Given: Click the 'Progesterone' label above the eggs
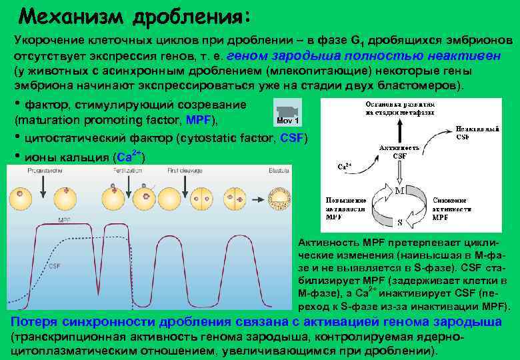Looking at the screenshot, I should click(44, 171).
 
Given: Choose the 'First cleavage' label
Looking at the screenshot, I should click(184, 171).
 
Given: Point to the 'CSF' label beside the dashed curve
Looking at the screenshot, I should click(55, 266).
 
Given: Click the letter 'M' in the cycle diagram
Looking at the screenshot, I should click(401, 190).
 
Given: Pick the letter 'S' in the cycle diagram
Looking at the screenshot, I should click(399, 222).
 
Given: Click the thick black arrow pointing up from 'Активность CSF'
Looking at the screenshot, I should click(399, 129).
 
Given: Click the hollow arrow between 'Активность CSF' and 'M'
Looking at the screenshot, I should click(399, 173).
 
